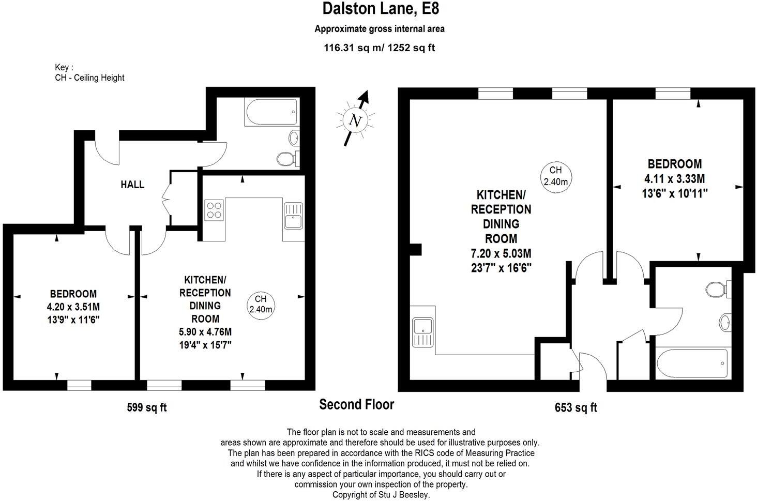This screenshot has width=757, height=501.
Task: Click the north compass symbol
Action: click(355, 119)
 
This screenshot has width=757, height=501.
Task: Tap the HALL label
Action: click(132, 185)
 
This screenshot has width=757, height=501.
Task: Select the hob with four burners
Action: click(214, 210)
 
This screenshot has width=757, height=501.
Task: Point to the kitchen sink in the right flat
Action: click(423, 332)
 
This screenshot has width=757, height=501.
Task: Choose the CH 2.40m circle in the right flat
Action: click(555, 176)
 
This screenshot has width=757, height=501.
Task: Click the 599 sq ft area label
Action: click(147, 407)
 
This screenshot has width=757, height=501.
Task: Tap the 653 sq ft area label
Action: click(576, 407)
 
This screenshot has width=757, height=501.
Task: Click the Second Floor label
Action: click(356, 404)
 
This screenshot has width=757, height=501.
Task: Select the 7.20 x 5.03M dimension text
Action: click(501, 254)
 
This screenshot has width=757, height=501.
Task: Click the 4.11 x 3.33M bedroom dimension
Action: click(675, 179)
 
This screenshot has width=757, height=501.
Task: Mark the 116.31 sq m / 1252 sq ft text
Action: click(380, 48)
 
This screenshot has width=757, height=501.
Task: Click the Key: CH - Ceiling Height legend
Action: click(89, 73)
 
